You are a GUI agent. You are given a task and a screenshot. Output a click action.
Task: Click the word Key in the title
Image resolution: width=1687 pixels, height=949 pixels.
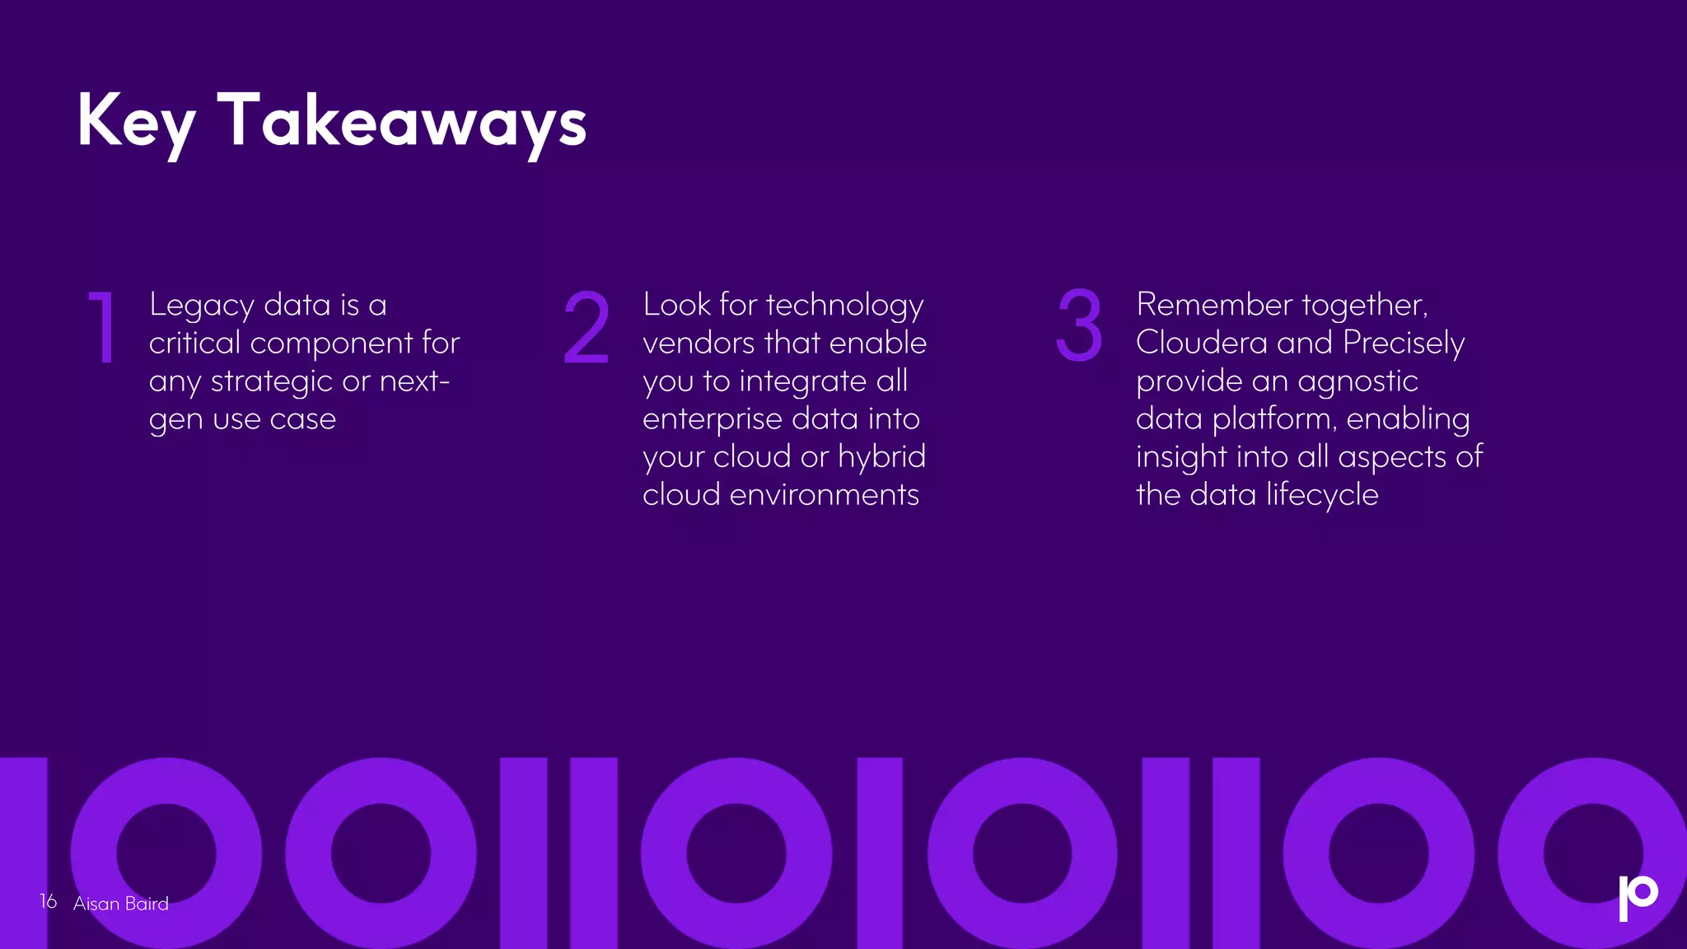[x=136, y=122]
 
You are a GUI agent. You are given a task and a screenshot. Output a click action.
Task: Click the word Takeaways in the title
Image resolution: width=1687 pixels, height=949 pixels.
[x=402, y=122]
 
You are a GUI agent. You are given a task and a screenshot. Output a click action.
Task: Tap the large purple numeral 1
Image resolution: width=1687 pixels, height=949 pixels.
[x=102, y=327]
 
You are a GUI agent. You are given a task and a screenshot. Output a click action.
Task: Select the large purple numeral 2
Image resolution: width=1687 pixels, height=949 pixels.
[x=586, y=327]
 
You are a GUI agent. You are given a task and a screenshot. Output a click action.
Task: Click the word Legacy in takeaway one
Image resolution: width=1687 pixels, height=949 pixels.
[x=202, y=306]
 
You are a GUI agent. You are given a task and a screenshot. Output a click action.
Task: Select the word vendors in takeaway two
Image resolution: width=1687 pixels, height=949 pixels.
[x=698, y=343]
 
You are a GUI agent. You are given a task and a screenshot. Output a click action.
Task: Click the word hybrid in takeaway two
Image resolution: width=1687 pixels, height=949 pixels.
[x=881, y=457]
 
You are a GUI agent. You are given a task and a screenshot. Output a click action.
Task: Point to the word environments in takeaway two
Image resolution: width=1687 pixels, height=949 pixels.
[x=824, y=495]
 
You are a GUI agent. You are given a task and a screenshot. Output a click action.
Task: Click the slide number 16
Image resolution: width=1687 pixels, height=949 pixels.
[x=49, y=902]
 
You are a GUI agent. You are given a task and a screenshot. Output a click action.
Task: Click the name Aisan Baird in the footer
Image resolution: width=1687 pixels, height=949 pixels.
[x=121, y=904]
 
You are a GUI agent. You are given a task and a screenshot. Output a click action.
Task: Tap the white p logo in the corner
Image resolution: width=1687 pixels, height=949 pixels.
[x=1637, y=897]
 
